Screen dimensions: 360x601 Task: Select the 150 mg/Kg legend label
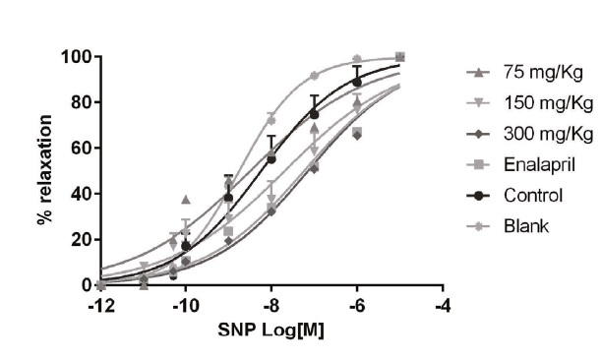(x=531, y=102)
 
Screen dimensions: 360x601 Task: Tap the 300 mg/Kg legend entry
(x=531, y=134)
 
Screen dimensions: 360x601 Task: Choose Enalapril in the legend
(x=527, y=164)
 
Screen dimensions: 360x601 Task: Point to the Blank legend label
(x=518, y=225)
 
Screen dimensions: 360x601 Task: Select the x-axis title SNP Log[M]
(x=270, y=330)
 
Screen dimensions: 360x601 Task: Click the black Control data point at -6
(x=357, y=82)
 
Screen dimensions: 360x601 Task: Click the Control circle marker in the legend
(x=479, y=195)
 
